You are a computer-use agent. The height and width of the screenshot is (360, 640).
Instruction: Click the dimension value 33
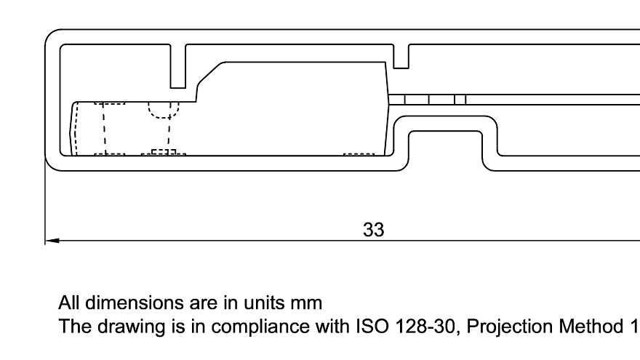[373, 230]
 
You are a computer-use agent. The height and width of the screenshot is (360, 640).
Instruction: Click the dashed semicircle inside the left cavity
[163, 111]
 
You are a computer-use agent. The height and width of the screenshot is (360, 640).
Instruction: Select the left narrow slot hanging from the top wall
[178, 65]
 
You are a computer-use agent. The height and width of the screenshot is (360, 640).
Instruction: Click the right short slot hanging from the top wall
[401, 56]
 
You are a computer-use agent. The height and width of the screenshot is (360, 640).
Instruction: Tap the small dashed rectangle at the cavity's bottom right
[359, 153]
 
